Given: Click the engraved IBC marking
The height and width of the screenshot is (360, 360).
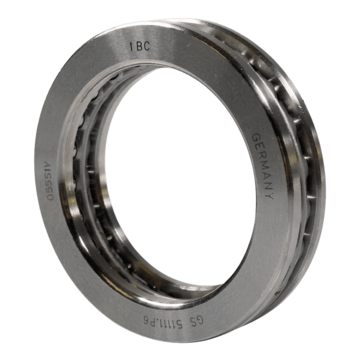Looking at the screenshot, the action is pos(140,46).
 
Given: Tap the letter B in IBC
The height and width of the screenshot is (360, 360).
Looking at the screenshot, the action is pos(139,46).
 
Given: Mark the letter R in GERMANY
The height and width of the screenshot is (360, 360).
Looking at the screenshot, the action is pos(260,156).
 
